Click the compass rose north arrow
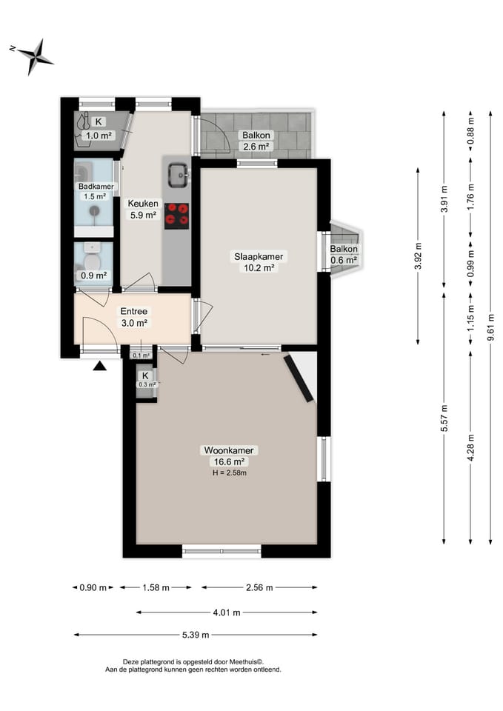32,56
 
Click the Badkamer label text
94,187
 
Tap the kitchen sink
178,175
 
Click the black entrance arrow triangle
100,365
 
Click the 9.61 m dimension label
490,326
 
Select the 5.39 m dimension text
196,635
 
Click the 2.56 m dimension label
259,587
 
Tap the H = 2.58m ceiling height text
229,472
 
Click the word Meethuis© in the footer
246,661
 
